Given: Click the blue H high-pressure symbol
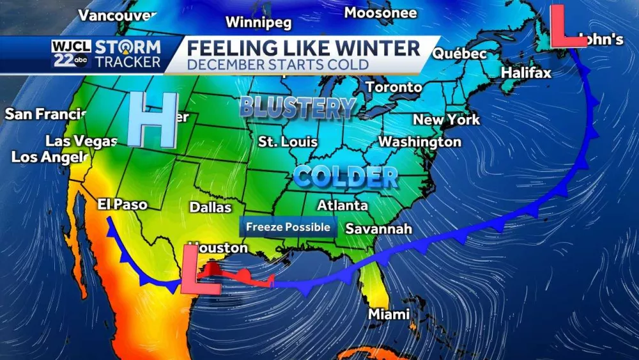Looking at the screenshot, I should (153, 119).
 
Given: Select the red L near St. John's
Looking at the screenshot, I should (567, 26).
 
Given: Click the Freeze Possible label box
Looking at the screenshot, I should (288, 227).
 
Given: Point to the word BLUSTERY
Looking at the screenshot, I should (297, 108).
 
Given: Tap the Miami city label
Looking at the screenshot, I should (389, 315).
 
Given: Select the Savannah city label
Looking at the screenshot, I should (379, 228).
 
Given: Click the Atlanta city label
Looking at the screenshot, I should (343, 205).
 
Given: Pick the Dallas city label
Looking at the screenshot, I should (210, 207).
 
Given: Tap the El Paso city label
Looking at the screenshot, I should (122, 205).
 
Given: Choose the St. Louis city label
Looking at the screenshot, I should (288, 141).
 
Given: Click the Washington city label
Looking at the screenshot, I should (420, 141).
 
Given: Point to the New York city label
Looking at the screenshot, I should (446, 120).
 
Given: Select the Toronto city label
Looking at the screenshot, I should (394, 87).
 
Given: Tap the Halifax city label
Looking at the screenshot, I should (525, 73).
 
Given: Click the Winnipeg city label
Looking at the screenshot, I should (258, 23).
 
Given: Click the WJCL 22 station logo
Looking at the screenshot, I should (72, 54).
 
